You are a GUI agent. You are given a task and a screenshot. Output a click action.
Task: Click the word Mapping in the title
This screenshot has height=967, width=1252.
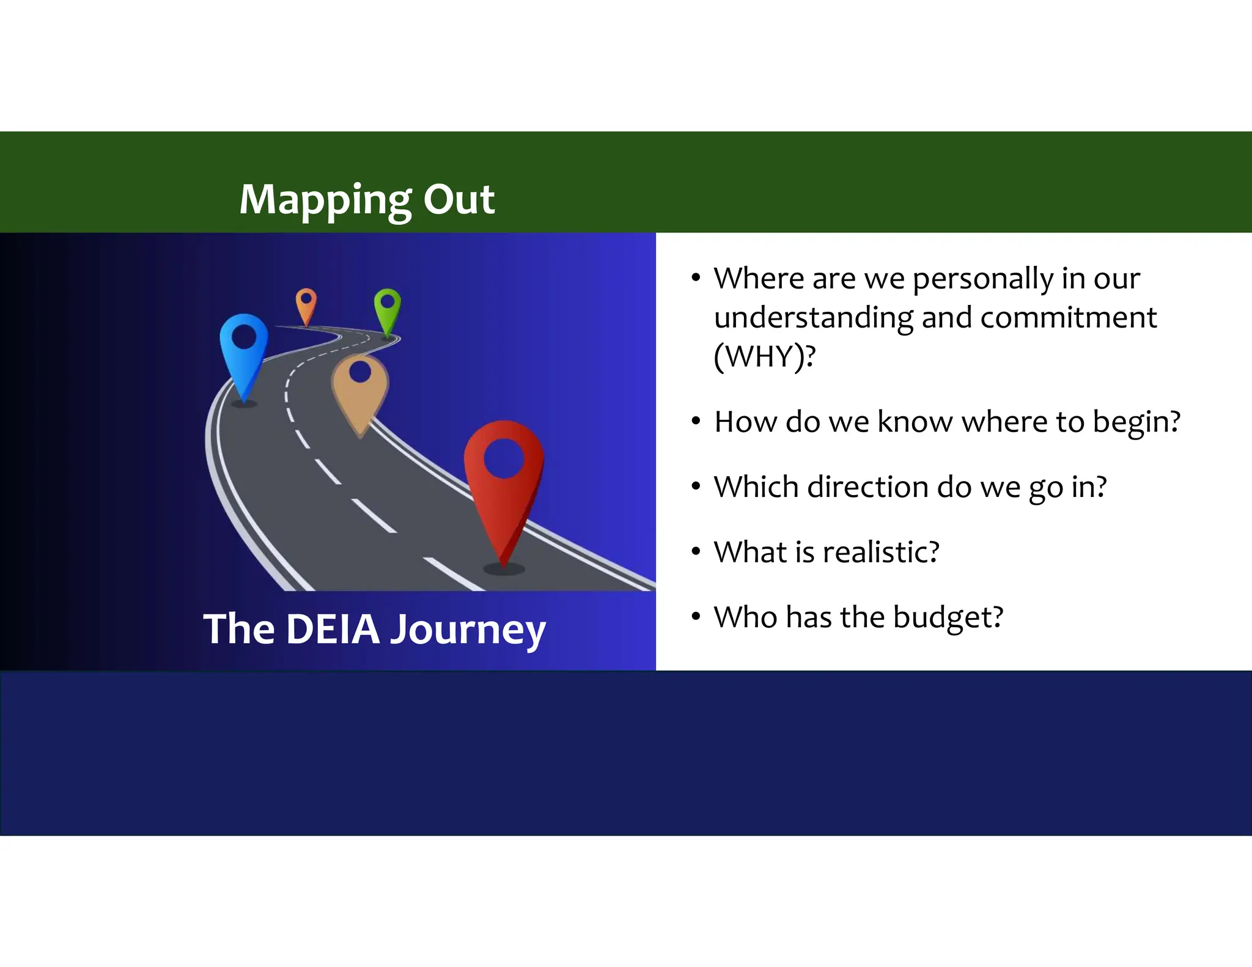click(x=325, y=200)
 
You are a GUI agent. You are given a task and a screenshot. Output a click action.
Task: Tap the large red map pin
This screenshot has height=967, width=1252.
click(x=504, y=489)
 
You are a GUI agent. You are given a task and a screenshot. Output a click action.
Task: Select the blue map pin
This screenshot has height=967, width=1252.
click(x=244, y=355)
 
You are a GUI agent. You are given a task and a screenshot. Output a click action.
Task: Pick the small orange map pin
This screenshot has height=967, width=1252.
click(x=306, y=306)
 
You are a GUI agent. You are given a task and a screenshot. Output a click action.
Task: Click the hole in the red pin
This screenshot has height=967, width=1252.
click(x=504, y=458)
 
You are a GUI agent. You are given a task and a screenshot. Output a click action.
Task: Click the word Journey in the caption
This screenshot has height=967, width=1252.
click(x=468, y=630)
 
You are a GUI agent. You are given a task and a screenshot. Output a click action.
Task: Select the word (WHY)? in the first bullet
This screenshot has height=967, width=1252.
click(x=764, y=356)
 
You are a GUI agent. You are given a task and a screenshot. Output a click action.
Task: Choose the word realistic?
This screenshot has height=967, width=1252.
click(x=881, y=552)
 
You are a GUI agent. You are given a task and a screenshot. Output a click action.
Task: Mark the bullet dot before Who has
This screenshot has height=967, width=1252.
click(x=696, y=616)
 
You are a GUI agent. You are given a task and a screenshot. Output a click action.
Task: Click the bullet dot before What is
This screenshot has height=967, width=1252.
click(x=696, y=551)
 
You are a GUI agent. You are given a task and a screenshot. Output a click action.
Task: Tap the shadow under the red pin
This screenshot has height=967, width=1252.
click(x=504, y=569)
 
